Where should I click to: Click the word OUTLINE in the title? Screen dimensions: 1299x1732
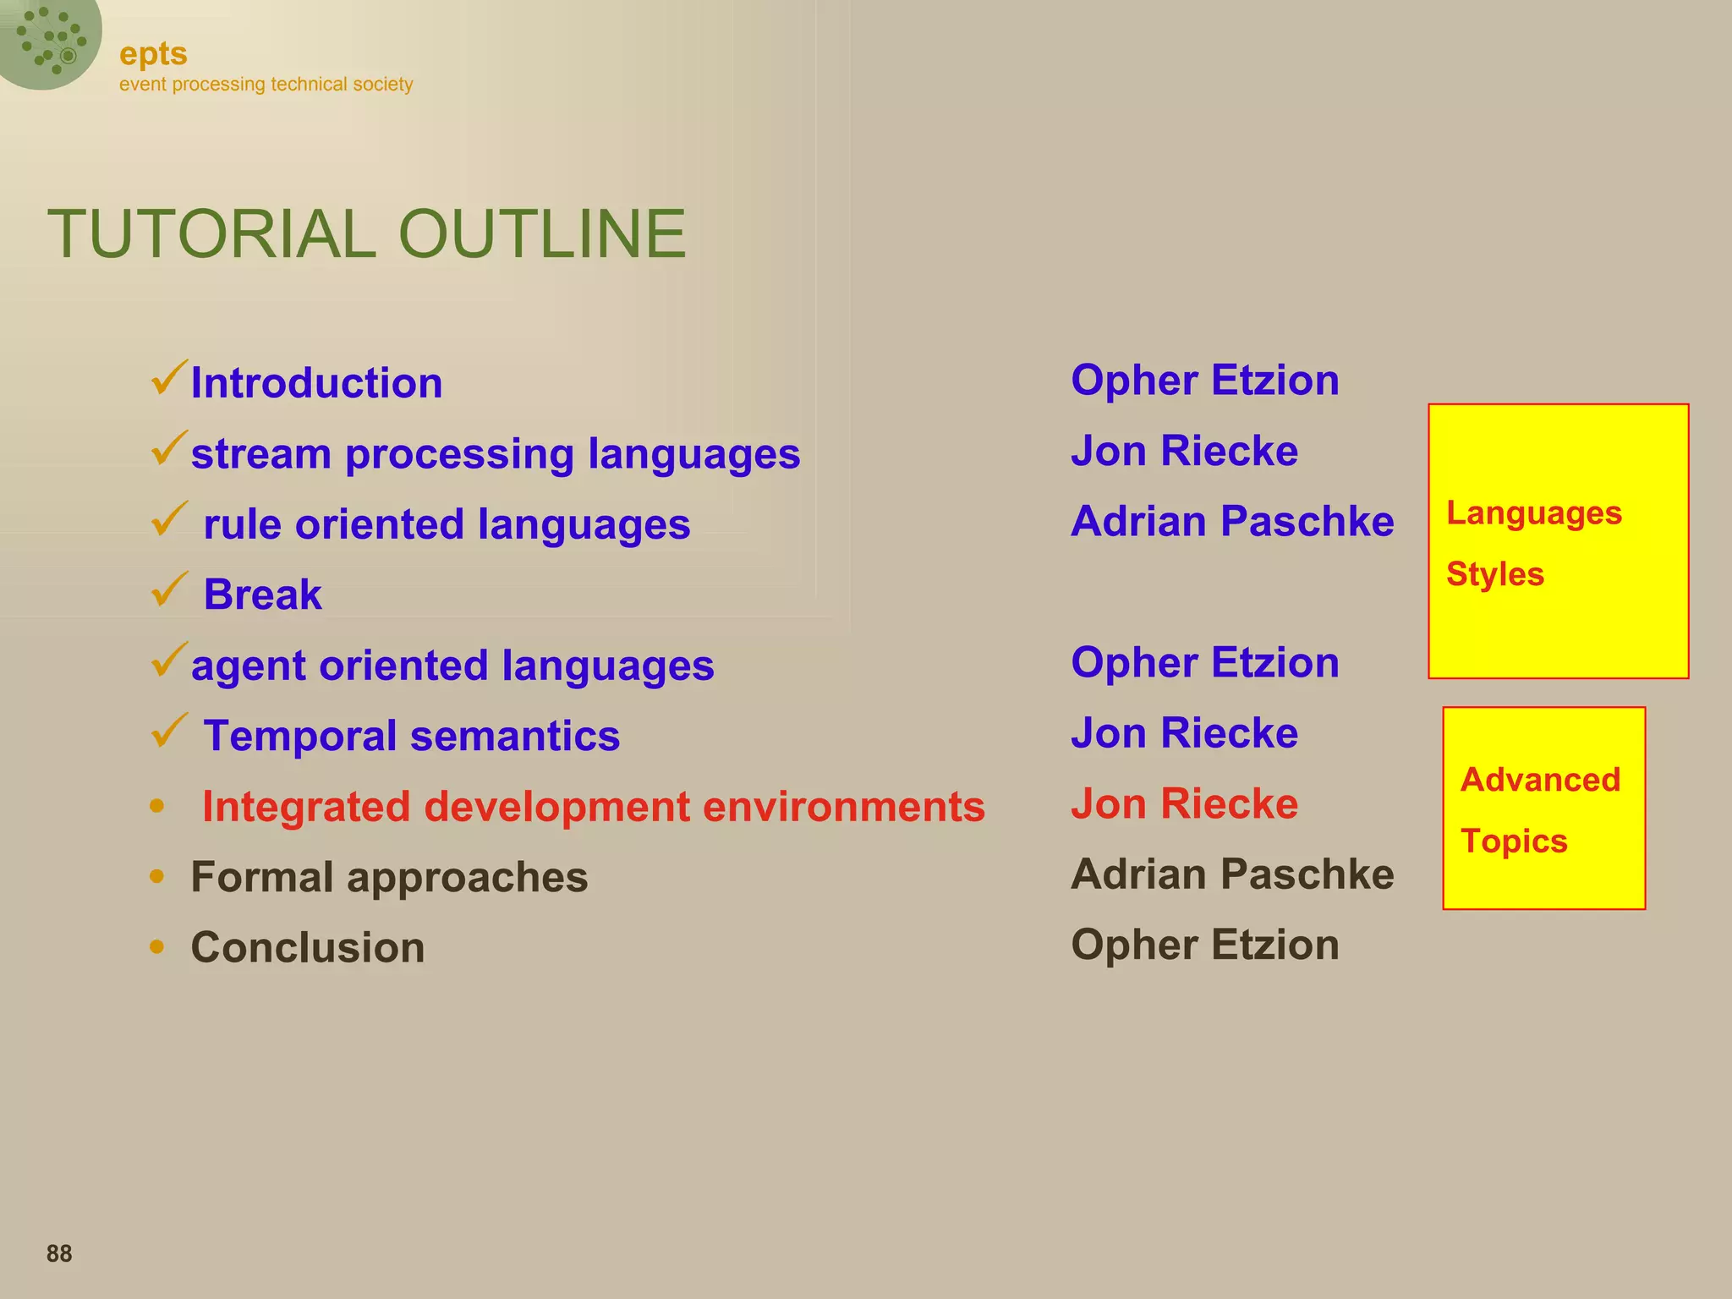(x=541, y=234)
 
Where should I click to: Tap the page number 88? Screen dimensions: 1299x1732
(x=59, y=1253)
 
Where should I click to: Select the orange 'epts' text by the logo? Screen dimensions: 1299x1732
(x=153, y=54)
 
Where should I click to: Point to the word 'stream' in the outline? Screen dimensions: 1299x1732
(x=260, y=454)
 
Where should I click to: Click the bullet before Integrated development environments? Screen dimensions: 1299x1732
(x=156, y=806)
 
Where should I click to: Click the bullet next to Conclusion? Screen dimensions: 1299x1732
(x=156, y=946)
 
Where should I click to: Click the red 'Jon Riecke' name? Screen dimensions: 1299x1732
(x=1184, y=803)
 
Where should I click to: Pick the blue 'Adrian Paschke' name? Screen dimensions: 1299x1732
(x=1232, y=521)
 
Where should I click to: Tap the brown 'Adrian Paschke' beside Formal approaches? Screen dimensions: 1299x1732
(x=1232, y=874)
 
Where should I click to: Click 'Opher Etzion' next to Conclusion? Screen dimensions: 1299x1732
(x=1205, y=945)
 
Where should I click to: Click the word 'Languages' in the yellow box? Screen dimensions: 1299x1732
(x=1534, y=513)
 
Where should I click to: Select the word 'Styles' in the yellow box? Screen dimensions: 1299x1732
(x=1495, y=574)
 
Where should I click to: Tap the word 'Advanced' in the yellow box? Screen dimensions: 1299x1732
(x=1540, y=780)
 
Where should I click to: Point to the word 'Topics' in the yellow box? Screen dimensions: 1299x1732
(x=1514, y=841)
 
